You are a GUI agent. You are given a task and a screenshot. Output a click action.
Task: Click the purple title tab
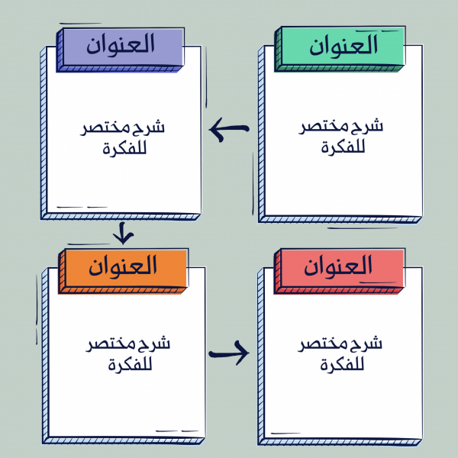coord(121,50)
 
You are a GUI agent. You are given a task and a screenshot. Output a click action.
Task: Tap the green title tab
coord(340,49)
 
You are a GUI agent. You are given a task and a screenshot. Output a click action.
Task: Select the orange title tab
coord(123,271)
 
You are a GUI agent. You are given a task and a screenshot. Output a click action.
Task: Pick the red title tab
coord(340,271)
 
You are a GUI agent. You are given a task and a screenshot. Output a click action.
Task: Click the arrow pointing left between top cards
coord(229,129)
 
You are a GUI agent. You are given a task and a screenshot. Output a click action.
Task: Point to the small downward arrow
coord(123,233)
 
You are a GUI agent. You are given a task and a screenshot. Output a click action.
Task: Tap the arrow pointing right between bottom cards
coord(229,353)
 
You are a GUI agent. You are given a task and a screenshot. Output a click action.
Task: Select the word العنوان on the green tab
coord(343,44)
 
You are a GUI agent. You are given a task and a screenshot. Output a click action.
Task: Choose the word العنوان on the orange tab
coord(123,266)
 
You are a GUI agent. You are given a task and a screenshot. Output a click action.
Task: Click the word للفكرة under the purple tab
coord(124,148)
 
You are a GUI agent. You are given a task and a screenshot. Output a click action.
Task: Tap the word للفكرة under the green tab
coord(343,147)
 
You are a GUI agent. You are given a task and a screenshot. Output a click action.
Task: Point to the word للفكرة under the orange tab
coord(131,364)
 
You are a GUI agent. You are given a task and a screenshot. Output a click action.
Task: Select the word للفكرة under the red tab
coord(342,364)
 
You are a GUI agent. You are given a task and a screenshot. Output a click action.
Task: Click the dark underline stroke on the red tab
coord(378,282)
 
